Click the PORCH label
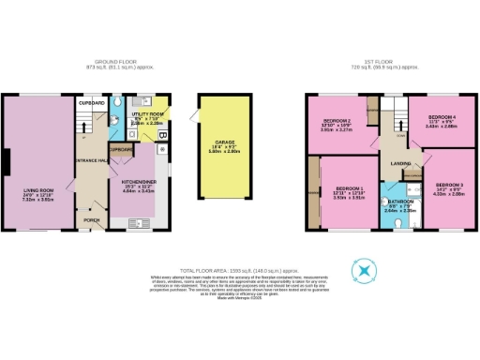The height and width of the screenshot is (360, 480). click(92, 221)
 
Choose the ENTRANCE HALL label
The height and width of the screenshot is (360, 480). click(90, 161)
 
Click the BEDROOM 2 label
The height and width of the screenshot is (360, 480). click(337, 121)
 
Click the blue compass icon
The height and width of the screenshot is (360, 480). click(362, 271)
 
